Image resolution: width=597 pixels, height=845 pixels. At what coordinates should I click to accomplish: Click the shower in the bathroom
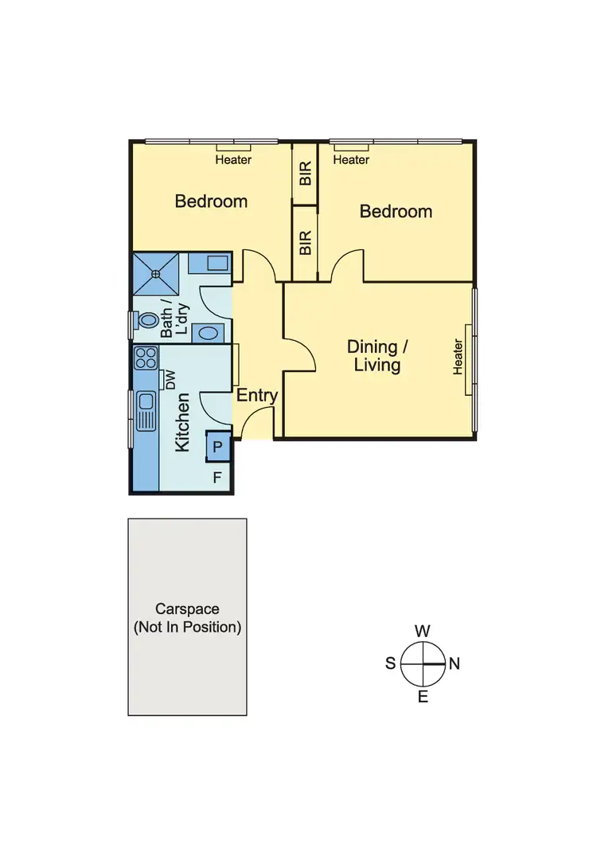coord(156,274)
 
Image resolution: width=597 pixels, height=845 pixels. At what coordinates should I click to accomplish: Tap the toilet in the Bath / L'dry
coord(146,320)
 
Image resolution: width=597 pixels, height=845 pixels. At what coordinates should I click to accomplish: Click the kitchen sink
coord(145,409)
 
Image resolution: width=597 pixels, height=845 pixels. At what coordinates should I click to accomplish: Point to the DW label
coord(170,381)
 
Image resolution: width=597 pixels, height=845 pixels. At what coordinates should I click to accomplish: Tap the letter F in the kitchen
coord(217,479)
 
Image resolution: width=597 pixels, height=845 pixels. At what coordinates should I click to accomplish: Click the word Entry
coord(257,396)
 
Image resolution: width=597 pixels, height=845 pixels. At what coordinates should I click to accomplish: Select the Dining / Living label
coord(373,356)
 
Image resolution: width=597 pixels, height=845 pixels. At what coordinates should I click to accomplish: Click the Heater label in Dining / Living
coord(458,357)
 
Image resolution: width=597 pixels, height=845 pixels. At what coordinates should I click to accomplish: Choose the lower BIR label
coord(306,242)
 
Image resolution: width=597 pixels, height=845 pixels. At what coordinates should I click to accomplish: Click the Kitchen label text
coord(182,422)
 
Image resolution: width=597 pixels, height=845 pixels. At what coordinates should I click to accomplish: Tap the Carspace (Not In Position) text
coord(187,618)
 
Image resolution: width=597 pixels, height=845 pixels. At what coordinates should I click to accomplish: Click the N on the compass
coord(455,663)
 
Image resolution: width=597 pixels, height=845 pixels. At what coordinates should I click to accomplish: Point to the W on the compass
coord(423,631)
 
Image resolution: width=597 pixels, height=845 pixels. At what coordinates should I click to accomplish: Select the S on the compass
coord(391,663)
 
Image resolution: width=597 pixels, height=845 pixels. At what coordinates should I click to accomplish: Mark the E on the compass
coord(423,698)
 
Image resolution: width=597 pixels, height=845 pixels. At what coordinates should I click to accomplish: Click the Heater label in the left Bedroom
coord(233,159)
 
